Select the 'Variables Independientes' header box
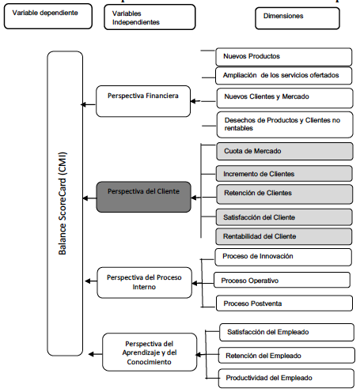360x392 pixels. pyautogui.click(x=151, y=17)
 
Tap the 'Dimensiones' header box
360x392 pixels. pyautogui.click(x=301, y=15)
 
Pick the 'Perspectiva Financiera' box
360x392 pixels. pyautogui.click(x=143, y=96)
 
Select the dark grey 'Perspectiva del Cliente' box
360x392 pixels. pyautogui.click(x=143, y=192)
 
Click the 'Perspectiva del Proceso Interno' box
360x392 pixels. pyautogui.click(x=143, y=282)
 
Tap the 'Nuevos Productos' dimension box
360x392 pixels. pyautogui.click(x=283, y=56)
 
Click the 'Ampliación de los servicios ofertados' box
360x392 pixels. pyautogui.click(x=283, y=76)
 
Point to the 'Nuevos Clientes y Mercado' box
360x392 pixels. pyautogui.click(x=283, y=96)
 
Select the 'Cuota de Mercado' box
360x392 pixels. pyautogui.click(x=283, y=151)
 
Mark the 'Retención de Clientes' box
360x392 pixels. pyautogui.click(x=283, y=193)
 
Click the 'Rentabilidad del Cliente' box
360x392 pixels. pyautogui.click(x=283, y=235)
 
